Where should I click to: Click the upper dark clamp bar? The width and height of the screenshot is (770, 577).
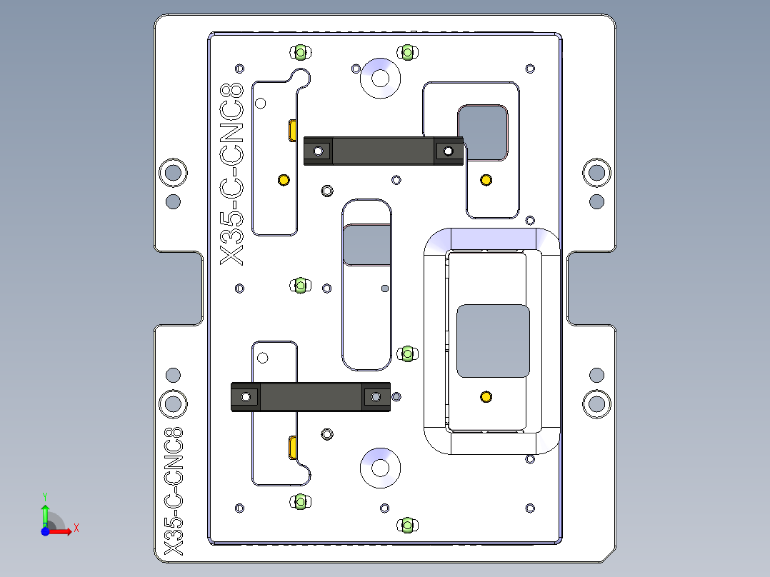click(x=383, y=151)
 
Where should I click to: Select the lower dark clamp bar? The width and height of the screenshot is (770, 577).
click(x=311, y=397)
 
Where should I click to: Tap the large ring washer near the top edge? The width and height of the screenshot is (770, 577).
click(x=380, y=78)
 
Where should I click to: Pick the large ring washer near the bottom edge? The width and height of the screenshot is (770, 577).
click(x=380, y=468)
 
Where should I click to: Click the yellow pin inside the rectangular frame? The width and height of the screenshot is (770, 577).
click(x=486, y=396)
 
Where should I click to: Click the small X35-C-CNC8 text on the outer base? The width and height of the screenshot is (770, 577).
click(x=174, y=491)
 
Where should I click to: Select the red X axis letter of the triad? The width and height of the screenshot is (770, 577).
click(x=76, y=528)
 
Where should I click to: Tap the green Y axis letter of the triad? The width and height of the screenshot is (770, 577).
click(x=44, y=495)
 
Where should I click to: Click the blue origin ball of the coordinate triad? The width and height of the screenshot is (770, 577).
click(x=45, y=531)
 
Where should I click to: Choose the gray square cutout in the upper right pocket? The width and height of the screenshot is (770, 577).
click(x=483, y=132)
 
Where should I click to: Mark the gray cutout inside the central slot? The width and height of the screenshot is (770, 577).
click(x=367, y=245)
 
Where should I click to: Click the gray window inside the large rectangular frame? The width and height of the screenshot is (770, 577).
click(x=493, y=341)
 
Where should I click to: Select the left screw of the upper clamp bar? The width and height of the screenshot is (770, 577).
click(x=318, y=151)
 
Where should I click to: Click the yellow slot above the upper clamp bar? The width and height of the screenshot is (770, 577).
click(x=293, y=131)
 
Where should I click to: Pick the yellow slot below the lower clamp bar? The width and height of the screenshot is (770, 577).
click(x=293, y=448)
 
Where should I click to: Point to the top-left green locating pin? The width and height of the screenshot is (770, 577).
click(x=300, y=52)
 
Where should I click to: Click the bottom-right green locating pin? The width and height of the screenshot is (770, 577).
click(x=406, y=526)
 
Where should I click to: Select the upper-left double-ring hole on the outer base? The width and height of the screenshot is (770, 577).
click(x=173, y=171)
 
